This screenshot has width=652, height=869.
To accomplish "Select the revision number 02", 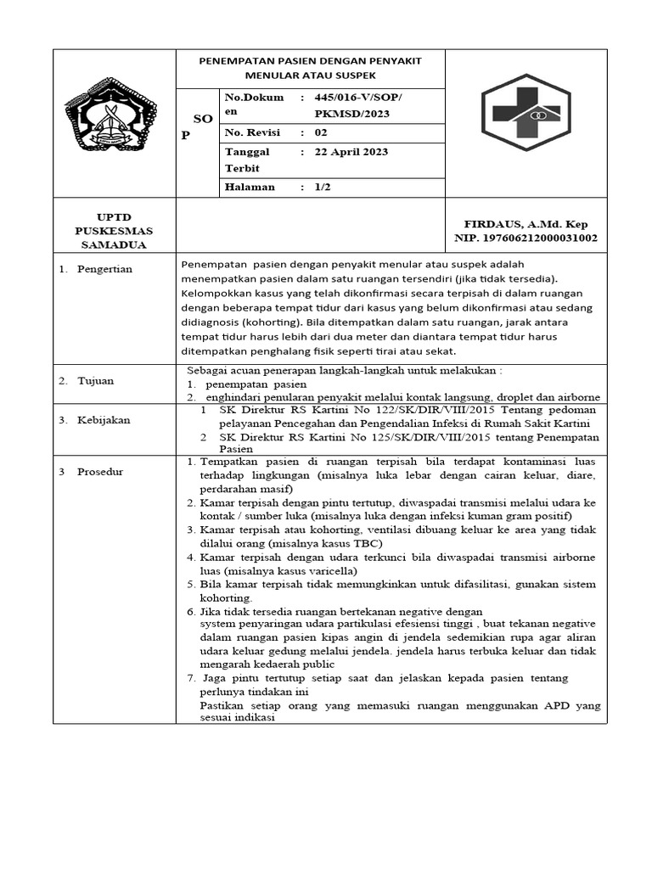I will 320,132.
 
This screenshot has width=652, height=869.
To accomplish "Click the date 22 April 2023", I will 351,152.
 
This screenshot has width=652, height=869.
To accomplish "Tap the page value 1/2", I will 323,187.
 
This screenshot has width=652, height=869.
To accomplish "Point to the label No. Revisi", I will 252,132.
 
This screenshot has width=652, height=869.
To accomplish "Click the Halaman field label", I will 250,187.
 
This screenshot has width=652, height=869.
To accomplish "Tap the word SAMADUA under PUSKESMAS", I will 115,245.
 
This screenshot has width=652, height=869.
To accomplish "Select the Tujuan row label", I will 98,381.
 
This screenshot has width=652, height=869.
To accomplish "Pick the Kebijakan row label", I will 105,420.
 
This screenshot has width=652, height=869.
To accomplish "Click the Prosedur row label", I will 100,471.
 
